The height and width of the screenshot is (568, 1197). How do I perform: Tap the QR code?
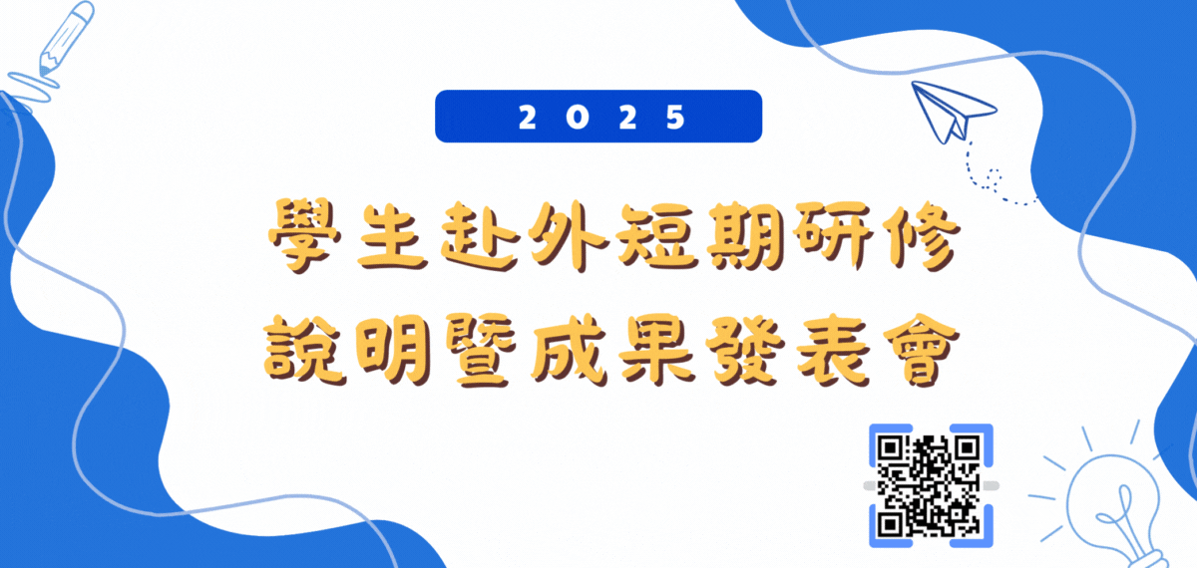click(930, 485)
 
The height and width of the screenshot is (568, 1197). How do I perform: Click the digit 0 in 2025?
click(578, 117)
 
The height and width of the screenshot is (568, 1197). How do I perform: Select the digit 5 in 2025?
click(675, 117)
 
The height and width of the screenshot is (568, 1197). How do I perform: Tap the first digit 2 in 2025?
click(528, 117)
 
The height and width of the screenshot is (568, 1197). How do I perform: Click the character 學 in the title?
click(304, 235)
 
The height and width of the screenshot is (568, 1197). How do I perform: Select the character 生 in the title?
click(392, 236)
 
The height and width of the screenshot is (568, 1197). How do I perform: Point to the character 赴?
click(480, 236)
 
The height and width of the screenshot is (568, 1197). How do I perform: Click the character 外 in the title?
click(568, 236)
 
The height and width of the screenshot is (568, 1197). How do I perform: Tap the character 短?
click(657, 236)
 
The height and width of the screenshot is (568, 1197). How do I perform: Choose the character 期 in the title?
click(746, 236)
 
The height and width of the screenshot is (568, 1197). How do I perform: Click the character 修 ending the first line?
click(920, 236)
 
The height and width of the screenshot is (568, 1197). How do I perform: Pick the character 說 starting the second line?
click(304, 350)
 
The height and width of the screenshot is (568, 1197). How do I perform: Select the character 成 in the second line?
click(569, 350)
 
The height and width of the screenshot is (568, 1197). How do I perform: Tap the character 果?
click(656, 350)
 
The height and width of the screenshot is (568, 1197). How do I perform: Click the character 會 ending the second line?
click(920, 350)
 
